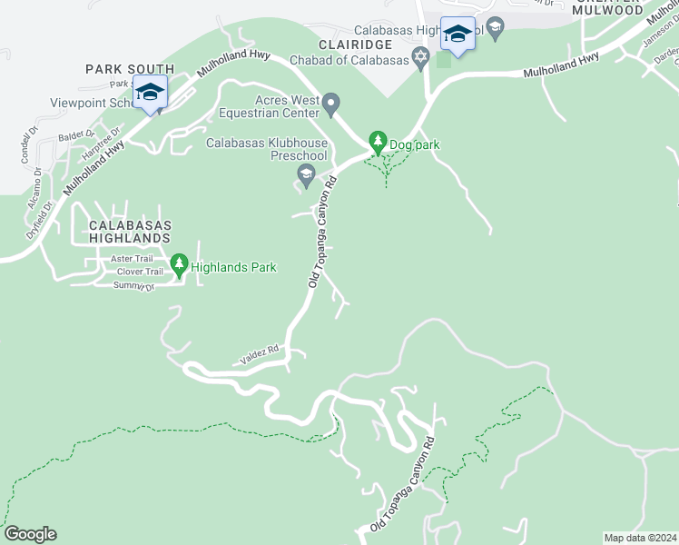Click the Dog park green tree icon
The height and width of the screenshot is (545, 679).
click(x=378, y=142)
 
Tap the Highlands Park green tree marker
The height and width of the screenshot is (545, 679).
click(x=179, y=264)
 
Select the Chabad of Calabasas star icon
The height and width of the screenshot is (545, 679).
click(x=419, y=59)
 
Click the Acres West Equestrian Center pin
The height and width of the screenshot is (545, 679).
click(x=331, y=103)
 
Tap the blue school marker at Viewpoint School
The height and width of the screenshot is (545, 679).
click(x=149, y=92)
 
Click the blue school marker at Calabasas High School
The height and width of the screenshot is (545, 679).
click(x=457, y=35)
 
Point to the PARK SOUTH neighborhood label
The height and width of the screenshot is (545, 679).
click(x=130, y=69)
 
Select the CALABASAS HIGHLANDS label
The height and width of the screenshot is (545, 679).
click(x=130, y=231)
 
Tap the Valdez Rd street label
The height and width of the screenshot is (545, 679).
click(x=260, y=351)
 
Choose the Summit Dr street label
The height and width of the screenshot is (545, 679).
click(x=134, y=286)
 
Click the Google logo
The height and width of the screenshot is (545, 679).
click(x=30, y=534)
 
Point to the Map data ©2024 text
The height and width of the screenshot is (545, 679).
click(x=640, y=538)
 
